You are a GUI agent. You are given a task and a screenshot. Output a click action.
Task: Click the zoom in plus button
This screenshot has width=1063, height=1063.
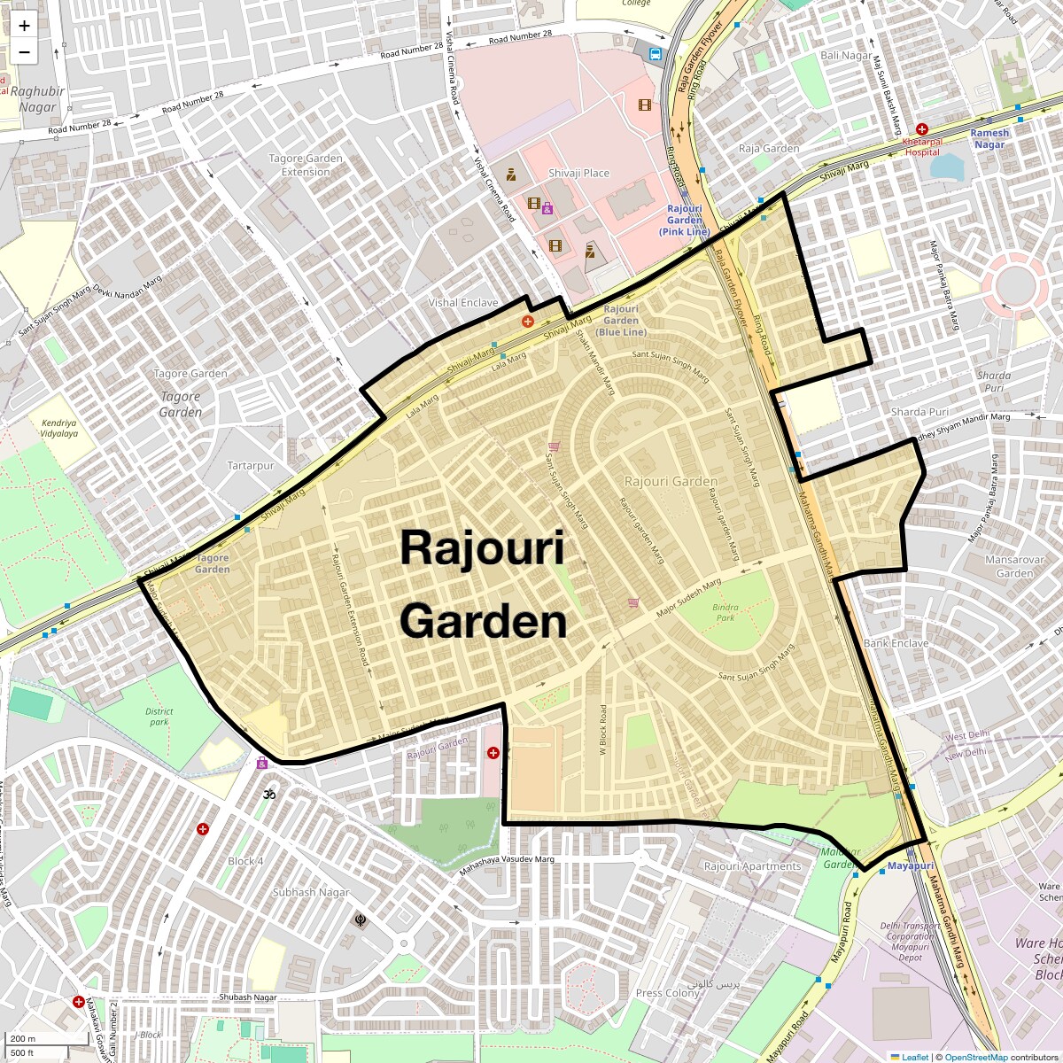pyautogui.click(x=24, y=26)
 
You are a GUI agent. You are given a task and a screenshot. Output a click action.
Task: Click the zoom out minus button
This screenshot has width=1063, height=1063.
pyautogui.click(x=24, y=52)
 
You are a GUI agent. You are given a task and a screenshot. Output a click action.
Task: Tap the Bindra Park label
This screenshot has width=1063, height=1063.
pyautogui.click(x=725, y=612)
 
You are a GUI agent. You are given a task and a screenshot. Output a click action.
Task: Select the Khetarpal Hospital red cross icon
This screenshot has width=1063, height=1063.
pyautogui.click(x=922, y=129)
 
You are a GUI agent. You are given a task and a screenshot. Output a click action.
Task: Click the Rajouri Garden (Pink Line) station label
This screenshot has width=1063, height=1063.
pyautogui.click(x=684, y=220)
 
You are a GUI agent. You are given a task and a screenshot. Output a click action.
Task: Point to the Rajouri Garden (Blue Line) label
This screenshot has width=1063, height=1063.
pyautogui.click(x=620, y=321)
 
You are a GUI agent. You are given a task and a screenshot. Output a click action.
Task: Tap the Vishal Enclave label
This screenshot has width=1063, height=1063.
pyautogui.click(x=463, y=302)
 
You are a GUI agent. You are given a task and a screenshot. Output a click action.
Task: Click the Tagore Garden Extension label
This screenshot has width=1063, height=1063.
pyautogui.click(x=306, y=165)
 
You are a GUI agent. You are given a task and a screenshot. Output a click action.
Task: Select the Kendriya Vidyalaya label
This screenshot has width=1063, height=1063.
pyautogui.click(x=59, y=428)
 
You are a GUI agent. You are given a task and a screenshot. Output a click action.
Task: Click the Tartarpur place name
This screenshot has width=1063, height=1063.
pyautogui.click(x=251, y=465)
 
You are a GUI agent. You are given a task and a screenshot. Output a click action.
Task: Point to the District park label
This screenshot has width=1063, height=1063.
pyautogui.click(x=159, y=716)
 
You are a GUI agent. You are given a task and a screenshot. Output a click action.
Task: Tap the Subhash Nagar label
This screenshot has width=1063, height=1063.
pyautogui.click(x=311, y=892)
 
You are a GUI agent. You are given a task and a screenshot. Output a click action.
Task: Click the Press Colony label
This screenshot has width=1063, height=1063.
pyautogui.click(x=667, y=993)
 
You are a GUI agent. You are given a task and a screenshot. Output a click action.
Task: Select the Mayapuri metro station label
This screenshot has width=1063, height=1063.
pyautogui.click(x=911, y=865)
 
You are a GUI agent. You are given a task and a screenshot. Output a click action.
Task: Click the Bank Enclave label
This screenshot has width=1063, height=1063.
pyautogui.click(x=896, y=643)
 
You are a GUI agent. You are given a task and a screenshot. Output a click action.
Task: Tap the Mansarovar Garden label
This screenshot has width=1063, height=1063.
pyautogui.click(x=1014, y=566)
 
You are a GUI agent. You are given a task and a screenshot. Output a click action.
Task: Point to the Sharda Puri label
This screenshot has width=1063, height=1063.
pyautogui.click(x=919, y=412)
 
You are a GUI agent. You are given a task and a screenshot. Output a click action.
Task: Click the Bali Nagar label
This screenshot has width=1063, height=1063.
pyautogui.click(x=845, y=55)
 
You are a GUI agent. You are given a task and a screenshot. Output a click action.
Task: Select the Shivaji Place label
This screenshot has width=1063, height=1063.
pyautogui.click(x=578, y=173)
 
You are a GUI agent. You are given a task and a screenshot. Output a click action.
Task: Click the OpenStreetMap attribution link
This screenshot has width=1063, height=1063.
pyautogui.click(x=976, y=1057)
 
